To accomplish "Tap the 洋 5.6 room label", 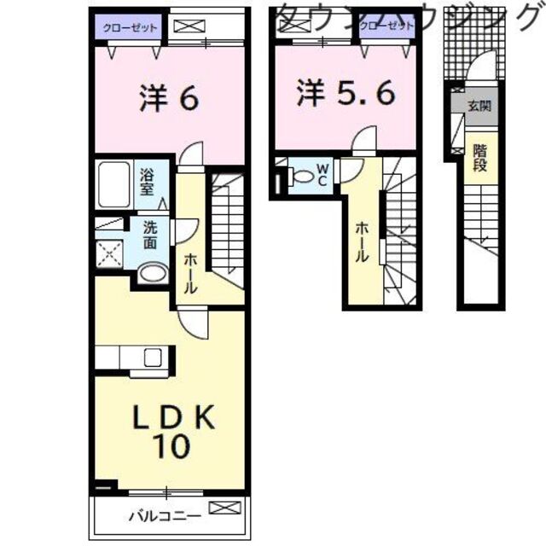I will (346, 93).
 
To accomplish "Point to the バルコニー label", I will (166, 515).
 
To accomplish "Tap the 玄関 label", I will (479, 107).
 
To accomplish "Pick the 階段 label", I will (479, 157).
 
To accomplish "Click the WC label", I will (322, 175).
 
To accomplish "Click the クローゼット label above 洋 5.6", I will (386, 26).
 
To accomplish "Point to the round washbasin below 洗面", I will (152, 273).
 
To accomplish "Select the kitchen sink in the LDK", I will (154, 357).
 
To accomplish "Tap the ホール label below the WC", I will (362, 241).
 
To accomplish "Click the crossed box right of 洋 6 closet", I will (185, 26).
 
